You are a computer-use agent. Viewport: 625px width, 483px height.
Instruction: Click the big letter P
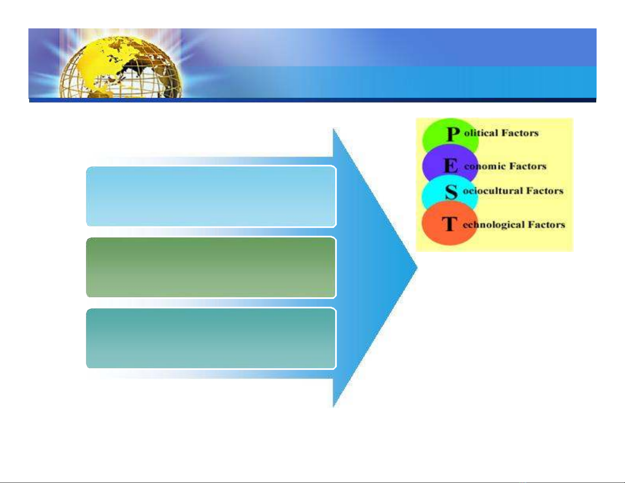[453, 134]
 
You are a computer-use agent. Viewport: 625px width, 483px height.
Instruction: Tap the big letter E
[451, 166]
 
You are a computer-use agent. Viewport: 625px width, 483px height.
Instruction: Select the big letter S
[451, 192]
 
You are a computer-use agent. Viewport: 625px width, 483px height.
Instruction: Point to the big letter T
[449, 224]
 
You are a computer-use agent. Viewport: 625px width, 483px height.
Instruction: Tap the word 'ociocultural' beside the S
[493, 191]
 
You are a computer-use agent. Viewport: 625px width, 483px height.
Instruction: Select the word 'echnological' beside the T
[494, 225]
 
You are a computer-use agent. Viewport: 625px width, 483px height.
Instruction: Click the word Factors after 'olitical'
[520, 133]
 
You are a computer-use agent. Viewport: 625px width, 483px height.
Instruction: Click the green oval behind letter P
[450, 133]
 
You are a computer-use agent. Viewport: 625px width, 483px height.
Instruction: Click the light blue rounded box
[211, 196]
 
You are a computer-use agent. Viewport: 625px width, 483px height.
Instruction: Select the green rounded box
[211, 267]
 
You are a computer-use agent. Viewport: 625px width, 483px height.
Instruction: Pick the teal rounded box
[211, 338]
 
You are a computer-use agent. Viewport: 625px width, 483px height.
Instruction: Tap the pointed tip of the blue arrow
[417, 268]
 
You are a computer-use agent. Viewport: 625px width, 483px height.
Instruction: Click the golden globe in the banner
[121, 67]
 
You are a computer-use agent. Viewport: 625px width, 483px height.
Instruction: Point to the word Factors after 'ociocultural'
[545, 191]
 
